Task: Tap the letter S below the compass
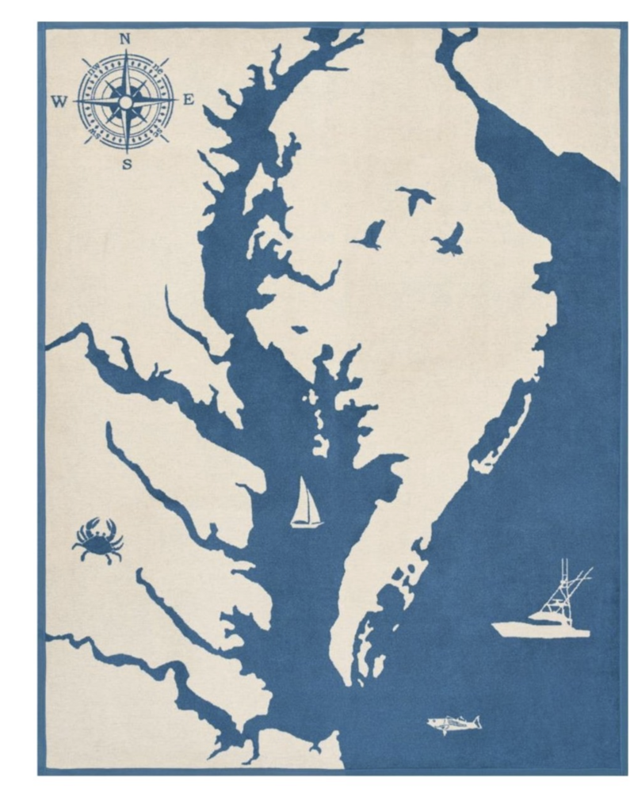(x=127, y=165)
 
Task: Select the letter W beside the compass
(x=59, y=101)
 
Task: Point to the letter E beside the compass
(x=189, y=100)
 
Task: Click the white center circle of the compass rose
(x=126, y=101)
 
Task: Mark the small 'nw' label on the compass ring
(x=96, y=74)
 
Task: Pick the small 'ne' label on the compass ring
(x=155, y=73)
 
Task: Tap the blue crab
(x=97, y=540)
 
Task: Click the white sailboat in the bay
(x=305, y=504)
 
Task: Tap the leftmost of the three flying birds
(x=369, y=234)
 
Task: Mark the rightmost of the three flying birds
(x=450, y=238)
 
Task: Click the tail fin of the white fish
(x=475, y=722)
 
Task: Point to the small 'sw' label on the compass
(x=96, y=131)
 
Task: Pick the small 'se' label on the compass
(x=156, y=130)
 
